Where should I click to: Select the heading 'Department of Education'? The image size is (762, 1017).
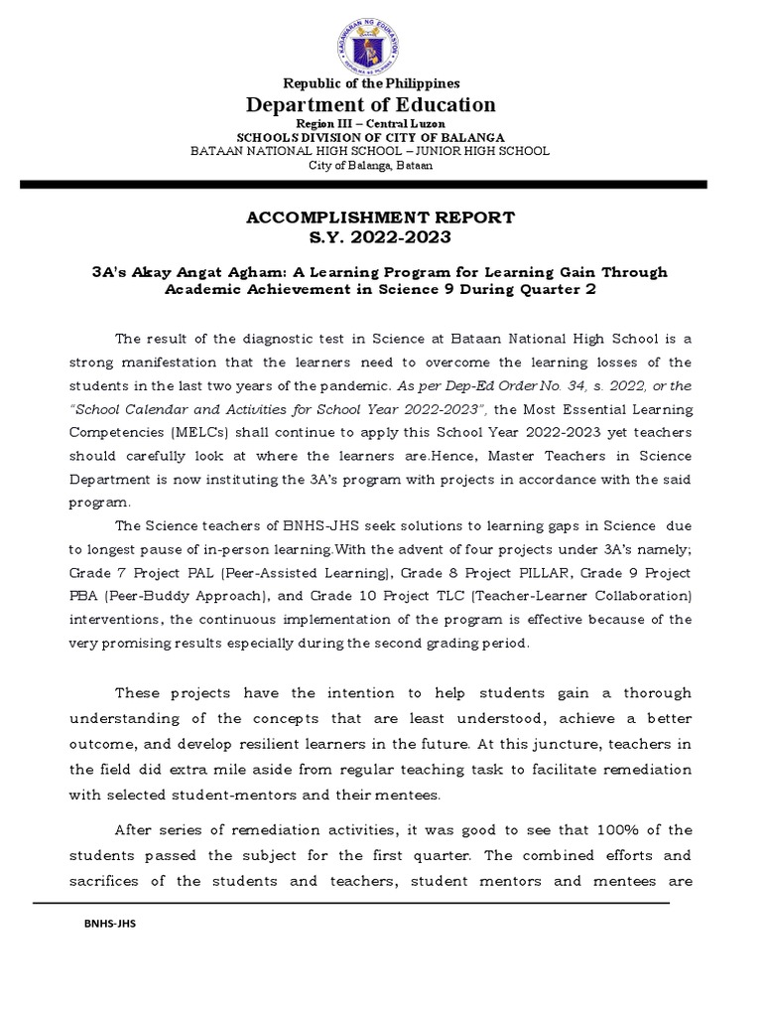point(371,105)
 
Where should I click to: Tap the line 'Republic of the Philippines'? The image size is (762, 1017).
point(371,83)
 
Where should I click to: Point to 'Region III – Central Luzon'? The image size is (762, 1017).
point(371,122)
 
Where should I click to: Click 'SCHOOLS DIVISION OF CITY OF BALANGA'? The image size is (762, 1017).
point(371,136)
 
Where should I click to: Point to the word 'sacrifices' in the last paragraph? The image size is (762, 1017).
point(106,881)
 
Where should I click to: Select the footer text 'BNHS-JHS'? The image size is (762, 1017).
point(109,924)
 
